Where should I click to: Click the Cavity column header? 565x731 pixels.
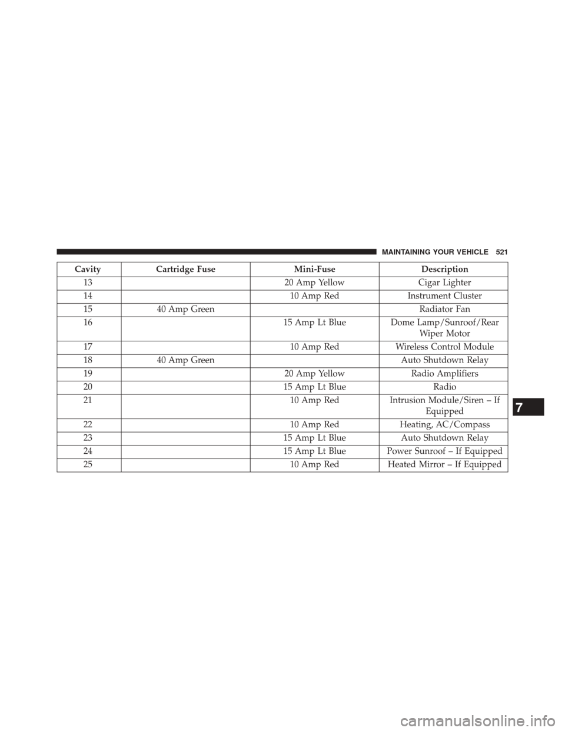click(88, 269)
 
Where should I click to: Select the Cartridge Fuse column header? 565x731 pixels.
click(185, 269)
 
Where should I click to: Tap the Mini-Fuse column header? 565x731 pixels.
click(315, 269)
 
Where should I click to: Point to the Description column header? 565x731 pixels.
click(443, 269)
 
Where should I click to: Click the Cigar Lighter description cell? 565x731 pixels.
click(443, 283)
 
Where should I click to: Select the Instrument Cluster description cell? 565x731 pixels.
click(443, 295)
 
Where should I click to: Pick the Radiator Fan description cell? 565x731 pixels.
click(443, 308)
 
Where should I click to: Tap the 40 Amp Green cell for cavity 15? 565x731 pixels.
click(185, 308)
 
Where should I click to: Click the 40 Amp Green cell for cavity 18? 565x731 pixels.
click(185, 360)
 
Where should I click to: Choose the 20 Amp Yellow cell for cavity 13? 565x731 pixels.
click(315, 283)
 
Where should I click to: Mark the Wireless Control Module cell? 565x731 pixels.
click(443, 347)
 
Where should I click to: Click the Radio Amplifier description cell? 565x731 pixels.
click(443, 373)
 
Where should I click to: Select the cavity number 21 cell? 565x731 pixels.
click(88, 400)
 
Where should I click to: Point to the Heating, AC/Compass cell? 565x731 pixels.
click(443, 425)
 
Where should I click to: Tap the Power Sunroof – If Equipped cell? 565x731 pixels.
click(443, 451)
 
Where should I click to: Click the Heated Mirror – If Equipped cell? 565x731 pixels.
click(443, 464)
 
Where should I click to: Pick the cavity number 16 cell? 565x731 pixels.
click(88, 322)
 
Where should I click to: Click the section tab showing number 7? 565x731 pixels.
click(527, 407)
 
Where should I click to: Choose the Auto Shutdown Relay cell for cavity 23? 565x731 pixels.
click(443, 438)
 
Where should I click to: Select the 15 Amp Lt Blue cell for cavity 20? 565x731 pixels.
click(315, 386)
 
